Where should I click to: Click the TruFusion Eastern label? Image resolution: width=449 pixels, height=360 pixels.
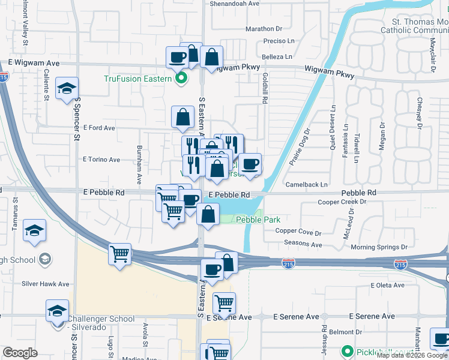(138, 79)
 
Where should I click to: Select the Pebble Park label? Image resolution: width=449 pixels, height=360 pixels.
(258, 220)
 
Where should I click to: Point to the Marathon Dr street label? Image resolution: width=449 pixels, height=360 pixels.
(264, 29)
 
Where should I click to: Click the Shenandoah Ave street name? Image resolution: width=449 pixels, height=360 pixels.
(234, 3)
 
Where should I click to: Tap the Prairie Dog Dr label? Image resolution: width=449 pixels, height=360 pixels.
(299, 147)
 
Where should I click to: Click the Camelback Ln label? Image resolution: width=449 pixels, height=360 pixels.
(307, 184)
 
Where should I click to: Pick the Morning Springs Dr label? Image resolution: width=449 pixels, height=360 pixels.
(379, 247)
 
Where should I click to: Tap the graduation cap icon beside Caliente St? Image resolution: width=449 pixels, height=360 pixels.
(67, 89)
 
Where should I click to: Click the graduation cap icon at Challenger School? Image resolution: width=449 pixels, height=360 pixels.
(57, 311)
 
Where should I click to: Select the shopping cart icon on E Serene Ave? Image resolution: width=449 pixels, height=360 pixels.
(224, 303)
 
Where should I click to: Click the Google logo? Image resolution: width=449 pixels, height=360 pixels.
(20, 353)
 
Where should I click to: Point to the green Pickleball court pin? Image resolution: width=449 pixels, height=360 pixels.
(346, 351)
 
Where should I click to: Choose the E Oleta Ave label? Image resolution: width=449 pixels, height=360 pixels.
(388, 285)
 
